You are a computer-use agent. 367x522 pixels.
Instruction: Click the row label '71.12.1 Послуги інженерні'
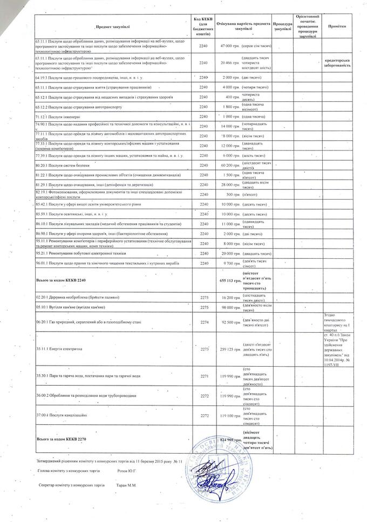point(57,116)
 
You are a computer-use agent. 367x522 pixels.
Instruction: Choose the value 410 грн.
point(232,97)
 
